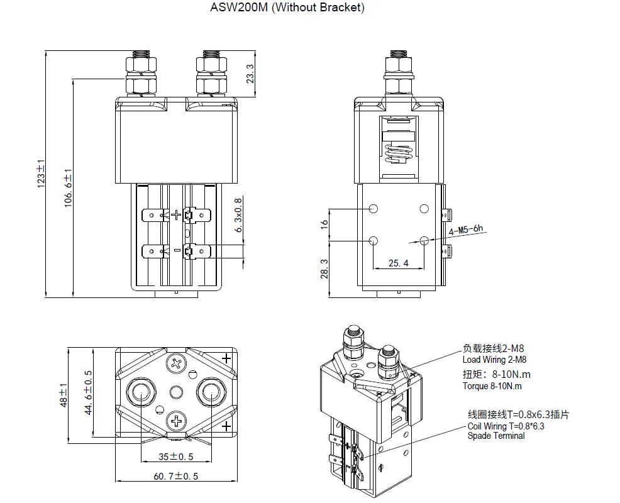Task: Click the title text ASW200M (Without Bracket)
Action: (286, 8)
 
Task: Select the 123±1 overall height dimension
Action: (42, 174)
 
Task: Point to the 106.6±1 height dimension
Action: (69, 187)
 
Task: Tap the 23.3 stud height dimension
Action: (250, 74)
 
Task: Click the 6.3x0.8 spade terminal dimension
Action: (238, 214)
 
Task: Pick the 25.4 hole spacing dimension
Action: (398, 263)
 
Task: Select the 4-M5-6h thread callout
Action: (466, 230)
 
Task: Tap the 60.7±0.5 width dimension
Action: (176, 476)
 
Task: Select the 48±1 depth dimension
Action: (64, 394)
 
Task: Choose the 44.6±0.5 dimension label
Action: (89, 392)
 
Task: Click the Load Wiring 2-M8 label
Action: (494, 360)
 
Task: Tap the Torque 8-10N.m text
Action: (492, 386)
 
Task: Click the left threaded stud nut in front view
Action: (142, 65)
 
